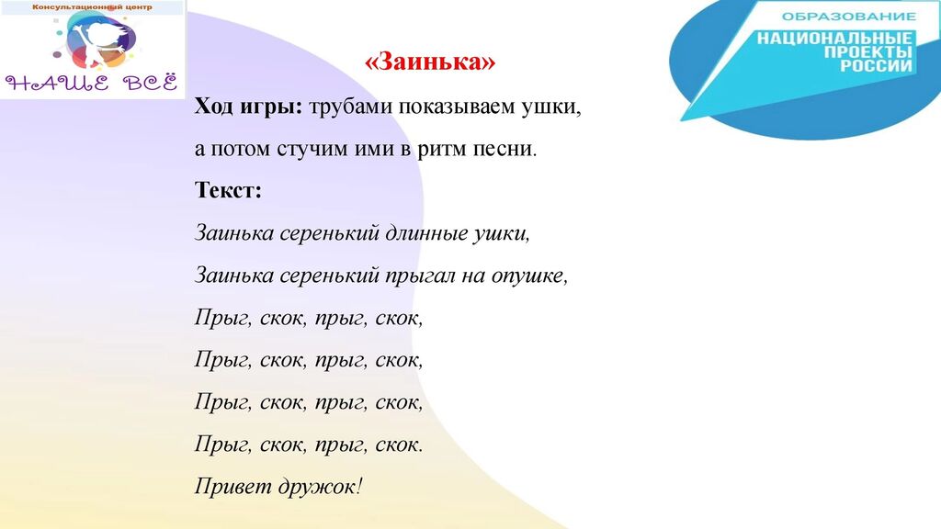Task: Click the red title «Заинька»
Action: [x=430, y=62]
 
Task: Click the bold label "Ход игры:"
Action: [x=248, y=107]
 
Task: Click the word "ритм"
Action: [x=442, y=150]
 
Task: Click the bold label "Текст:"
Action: [x=228, y=190]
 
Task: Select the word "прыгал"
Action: [x=420, y=276]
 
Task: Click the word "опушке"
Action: [x=527, y=276]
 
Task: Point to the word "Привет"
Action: [x=232, y=486]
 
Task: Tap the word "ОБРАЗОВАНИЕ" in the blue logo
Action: [x=848, y=17]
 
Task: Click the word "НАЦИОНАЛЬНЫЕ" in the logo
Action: [x=834, y=39]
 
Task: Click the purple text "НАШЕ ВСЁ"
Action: [x=92, y=83]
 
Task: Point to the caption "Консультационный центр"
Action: [x=92, y=7]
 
